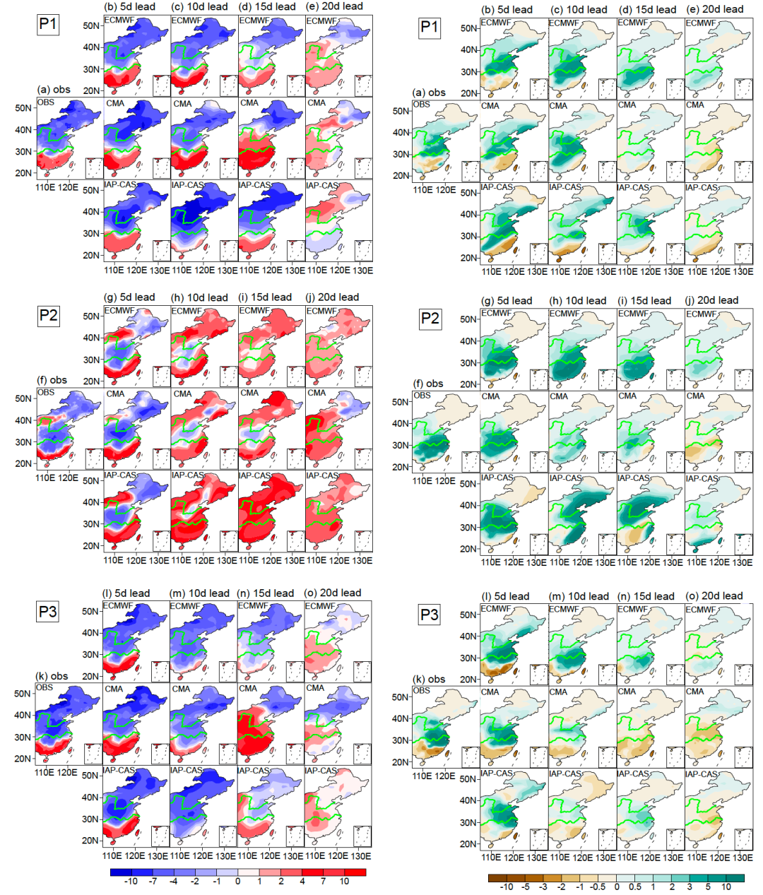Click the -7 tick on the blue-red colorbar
tap(153, 882)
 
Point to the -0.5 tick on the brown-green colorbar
tap(598, 887)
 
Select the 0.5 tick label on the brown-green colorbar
tap(635, 887)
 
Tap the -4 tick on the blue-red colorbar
tap(174, 882)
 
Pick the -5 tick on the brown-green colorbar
tap(525, 887)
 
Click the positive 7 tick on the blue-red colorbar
tap(323, 882)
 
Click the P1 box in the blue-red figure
tap(48, 25)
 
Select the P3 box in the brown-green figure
tap(430, 615)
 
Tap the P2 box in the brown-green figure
tap(430, 319)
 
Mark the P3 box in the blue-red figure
tap(48, 612)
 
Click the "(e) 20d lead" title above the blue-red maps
tap(338, 6)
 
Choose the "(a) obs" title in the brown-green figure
tap(430, 93)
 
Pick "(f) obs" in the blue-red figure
tap(52, 380)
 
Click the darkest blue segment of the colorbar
tap(121, 872)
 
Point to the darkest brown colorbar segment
tap(497, 878)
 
